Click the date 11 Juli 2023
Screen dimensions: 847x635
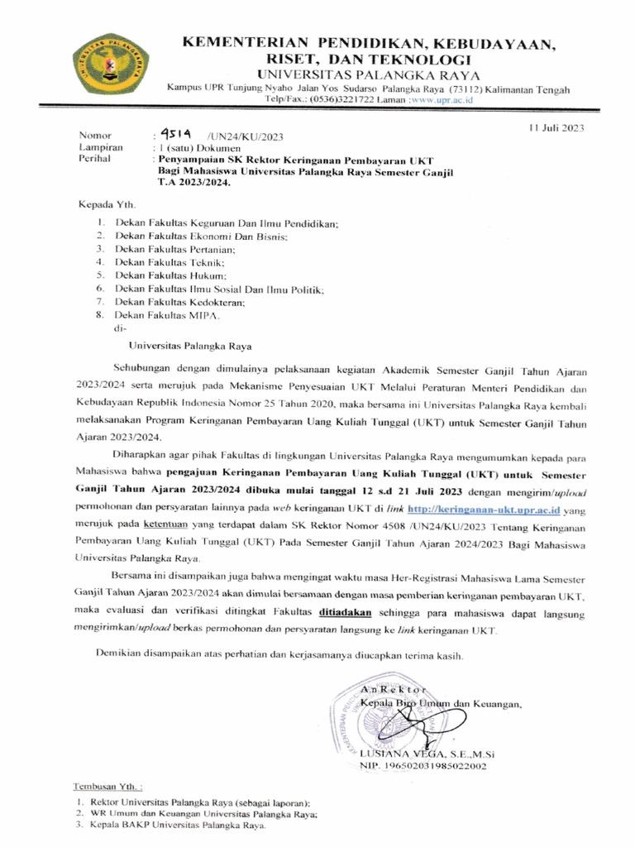click(556, 127)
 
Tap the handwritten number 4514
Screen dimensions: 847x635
click(175, 134)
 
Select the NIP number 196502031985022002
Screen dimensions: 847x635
click(423, 766)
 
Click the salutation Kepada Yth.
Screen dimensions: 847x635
click(106, 203)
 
